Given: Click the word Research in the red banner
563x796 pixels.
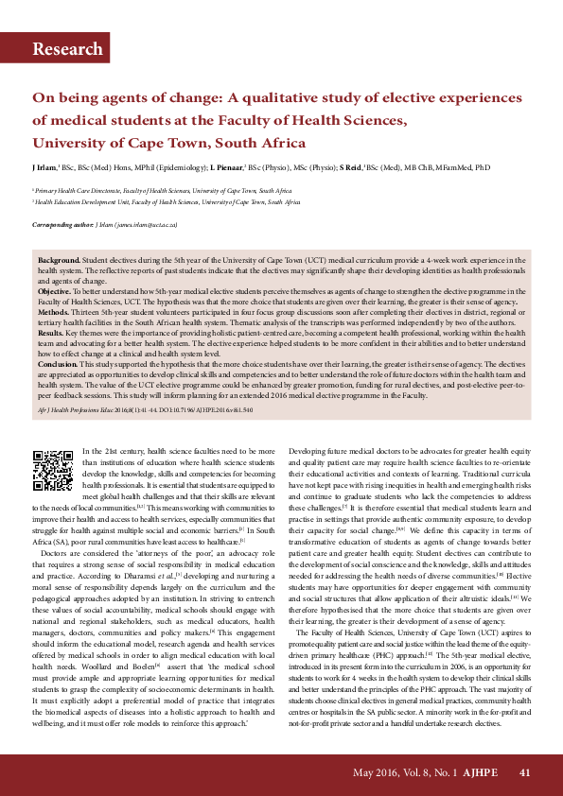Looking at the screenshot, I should pyautogui.click(x=67, y=49).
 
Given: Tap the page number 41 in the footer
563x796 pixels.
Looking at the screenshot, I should pyautogui.click(x=525, y=772).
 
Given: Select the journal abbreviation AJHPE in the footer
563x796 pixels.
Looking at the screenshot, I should pyautogui.click(x=481, y=772).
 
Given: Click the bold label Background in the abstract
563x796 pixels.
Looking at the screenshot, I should pyautogui.click(x=59, y=259).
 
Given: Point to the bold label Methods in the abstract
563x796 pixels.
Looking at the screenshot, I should pyautogui.click(x=56, y=310).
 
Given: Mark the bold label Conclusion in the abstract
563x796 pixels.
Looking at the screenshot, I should pyautogui.click(x=59, y=362).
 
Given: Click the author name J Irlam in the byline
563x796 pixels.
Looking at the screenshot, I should pyautogui.click(x=45, y=167).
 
